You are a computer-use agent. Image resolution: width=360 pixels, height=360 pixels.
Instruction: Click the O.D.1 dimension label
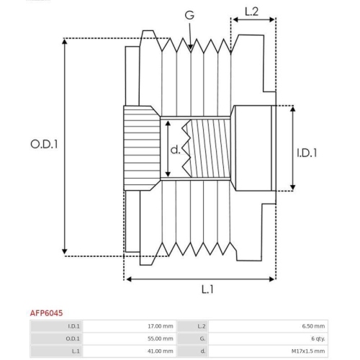tap(44, 144)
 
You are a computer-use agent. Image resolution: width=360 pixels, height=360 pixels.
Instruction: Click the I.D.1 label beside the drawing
tap(307, 153)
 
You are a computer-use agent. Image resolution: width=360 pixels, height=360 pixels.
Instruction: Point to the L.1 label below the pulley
tap(207, 289)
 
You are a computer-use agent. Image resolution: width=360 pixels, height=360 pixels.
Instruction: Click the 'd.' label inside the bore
tap(174, 150)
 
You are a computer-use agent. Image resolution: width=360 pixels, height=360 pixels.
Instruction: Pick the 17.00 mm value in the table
tap(158, 326)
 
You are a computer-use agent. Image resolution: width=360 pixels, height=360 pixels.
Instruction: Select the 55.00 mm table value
tap(158, 338)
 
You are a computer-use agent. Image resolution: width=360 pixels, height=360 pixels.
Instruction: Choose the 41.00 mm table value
tap(158, 351)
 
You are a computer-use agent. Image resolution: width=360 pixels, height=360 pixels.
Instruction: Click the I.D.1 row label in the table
tap(75, 326)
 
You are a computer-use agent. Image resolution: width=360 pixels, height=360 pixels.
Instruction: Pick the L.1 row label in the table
tap(76, 351)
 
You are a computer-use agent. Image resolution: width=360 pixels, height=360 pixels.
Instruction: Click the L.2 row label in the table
tap(202, 326)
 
